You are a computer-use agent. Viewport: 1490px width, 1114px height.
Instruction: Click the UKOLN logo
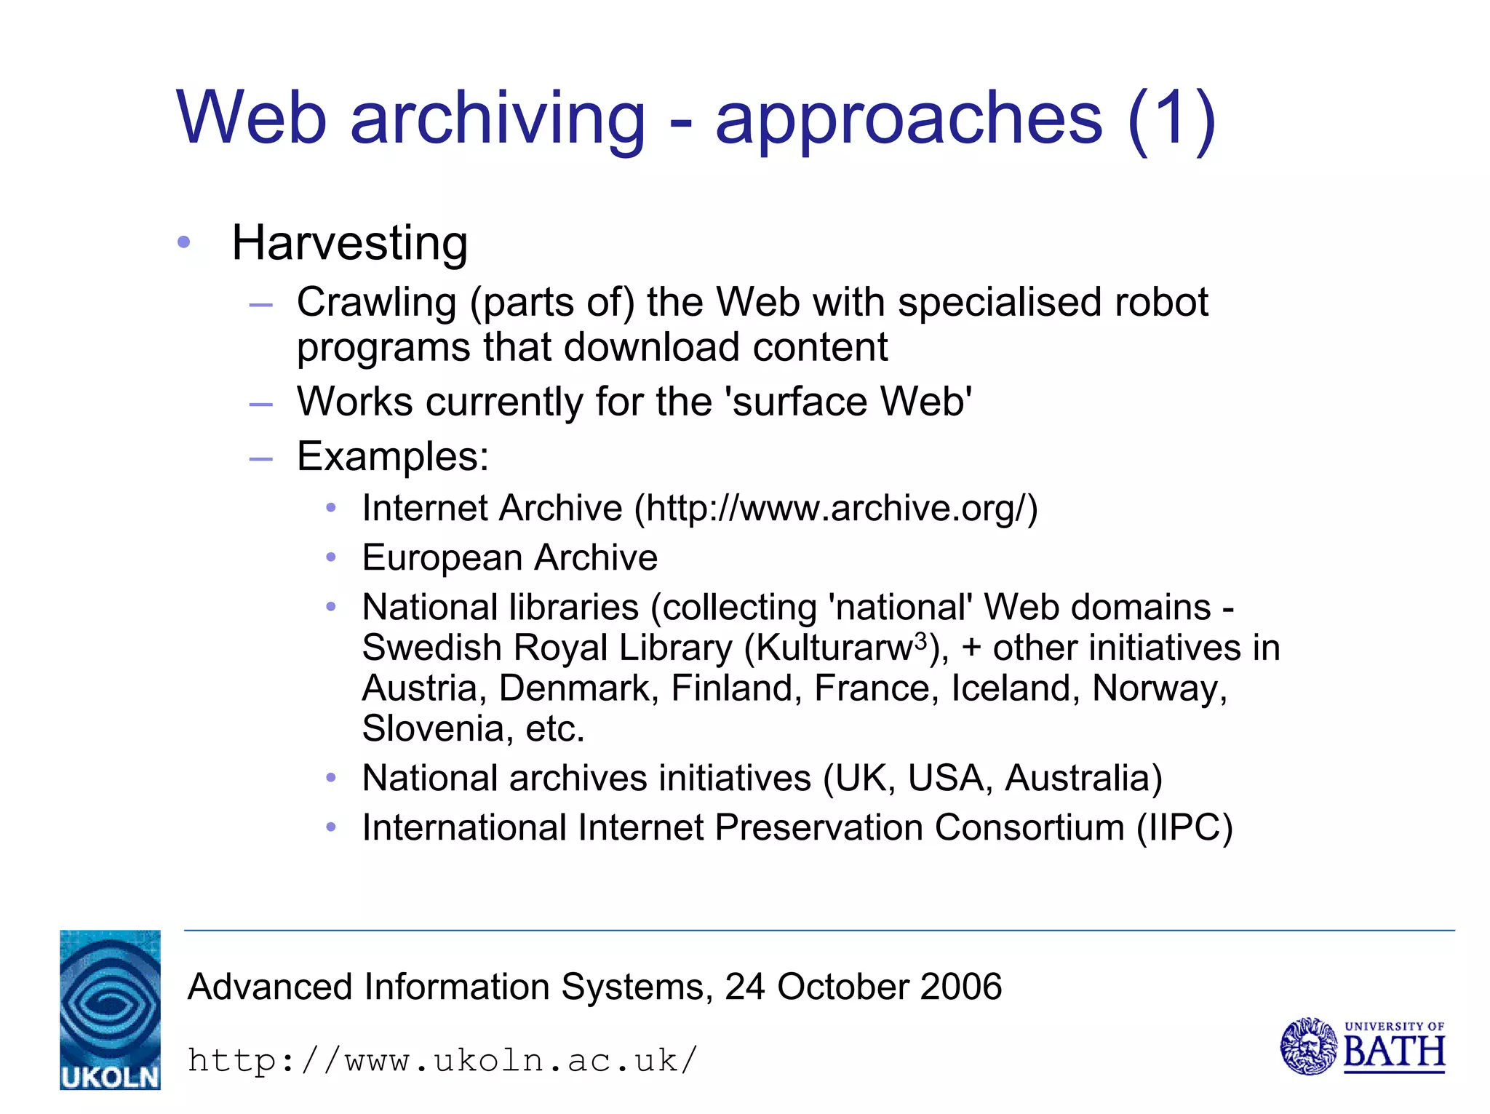[110, 1009]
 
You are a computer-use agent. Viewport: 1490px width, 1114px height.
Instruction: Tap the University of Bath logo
[1362, 1046]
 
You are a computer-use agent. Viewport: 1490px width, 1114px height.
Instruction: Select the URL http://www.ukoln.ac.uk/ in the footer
[442, 1059]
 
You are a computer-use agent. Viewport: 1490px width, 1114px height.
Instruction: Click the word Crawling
[375, 302]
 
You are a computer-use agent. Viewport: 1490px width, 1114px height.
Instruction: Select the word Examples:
[393, 457]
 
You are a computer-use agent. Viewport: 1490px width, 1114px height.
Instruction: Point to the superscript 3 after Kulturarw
[920, 640]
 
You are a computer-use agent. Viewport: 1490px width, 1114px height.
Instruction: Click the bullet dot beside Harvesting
[184, 242]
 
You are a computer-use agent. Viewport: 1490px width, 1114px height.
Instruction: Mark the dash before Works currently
[260, 403]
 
